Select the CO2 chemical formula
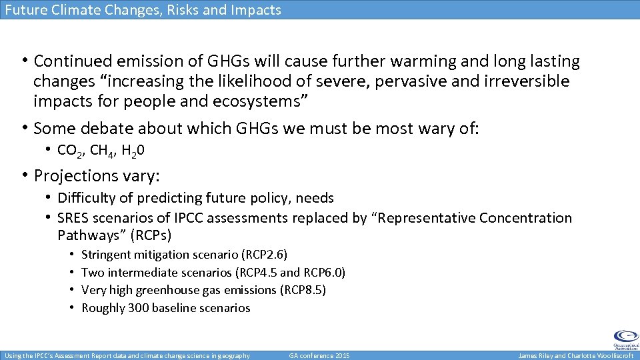coord(69,151)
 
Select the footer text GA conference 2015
coord(319,356)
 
